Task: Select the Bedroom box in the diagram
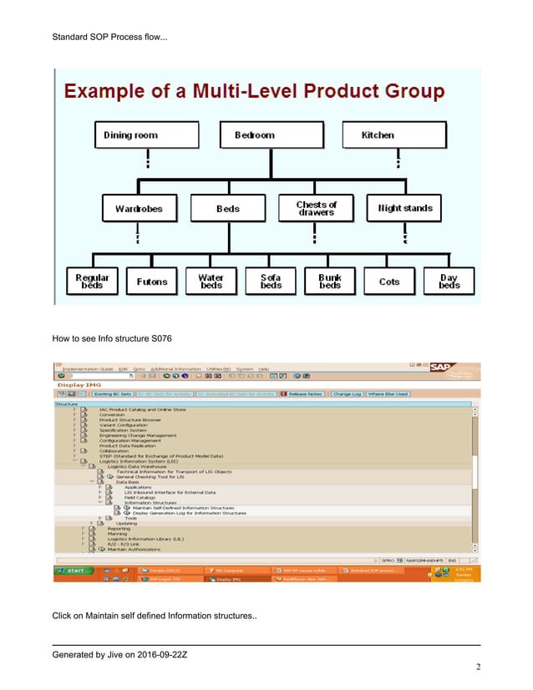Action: [254, 134]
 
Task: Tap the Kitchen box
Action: [378, 134]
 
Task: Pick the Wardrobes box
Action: [139, 208]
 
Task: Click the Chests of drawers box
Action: [317, 208]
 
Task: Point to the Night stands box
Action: [405, 208]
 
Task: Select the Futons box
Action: [152, 282]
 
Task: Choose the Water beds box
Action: [211, 282]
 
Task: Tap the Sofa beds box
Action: [271, 282]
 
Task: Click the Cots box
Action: [389, 282]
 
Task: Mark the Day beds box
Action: [449, 282]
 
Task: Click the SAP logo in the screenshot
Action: [461, 366]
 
